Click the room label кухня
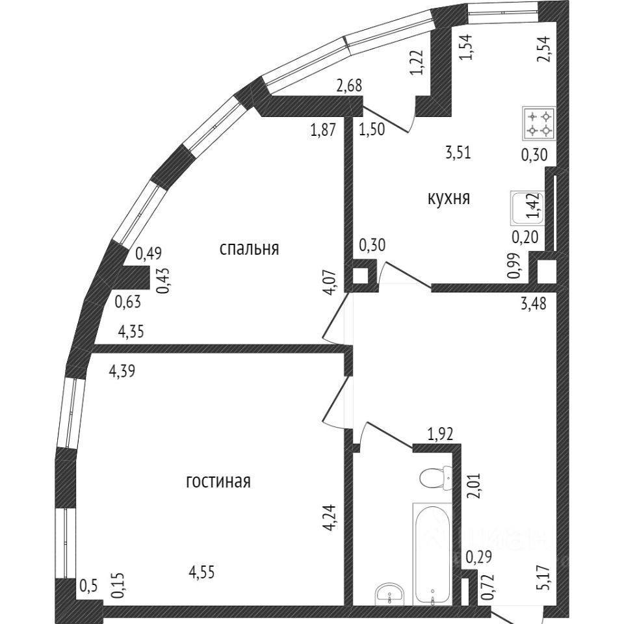pos(448,198)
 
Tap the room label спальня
pos(249,248)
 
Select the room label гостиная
pos(218,482)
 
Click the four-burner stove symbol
pos(539,123)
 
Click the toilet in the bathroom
pos(435,478)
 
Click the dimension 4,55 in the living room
pos(201,573)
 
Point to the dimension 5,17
pos(546,577)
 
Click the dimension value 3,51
pos(458,153)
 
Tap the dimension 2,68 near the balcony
pos(348,84)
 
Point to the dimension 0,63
pos(127,301)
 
